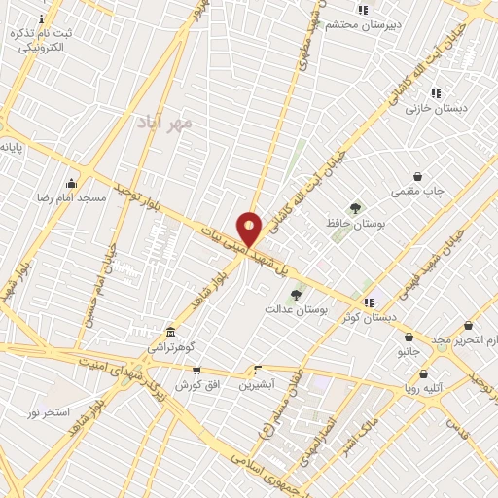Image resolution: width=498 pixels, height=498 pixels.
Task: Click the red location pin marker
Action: point(250,229)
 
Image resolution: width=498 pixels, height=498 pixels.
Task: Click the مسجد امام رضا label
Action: point(79,197)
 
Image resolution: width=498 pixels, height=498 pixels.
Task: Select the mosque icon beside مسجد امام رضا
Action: point(70,183)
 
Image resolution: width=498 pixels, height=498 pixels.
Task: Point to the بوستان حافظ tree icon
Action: point(354,208)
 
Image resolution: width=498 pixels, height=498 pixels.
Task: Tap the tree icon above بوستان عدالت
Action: point(296,294)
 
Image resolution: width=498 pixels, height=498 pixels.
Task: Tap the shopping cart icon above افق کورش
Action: point(197,371)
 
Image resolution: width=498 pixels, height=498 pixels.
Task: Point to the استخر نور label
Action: point(48,412)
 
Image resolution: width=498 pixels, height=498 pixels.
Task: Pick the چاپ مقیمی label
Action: point(417,192)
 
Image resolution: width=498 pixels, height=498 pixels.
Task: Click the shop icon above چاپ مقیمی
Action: point(417,177)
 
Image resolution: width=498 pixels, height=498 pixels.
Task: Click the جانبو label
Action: point(408,352)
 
